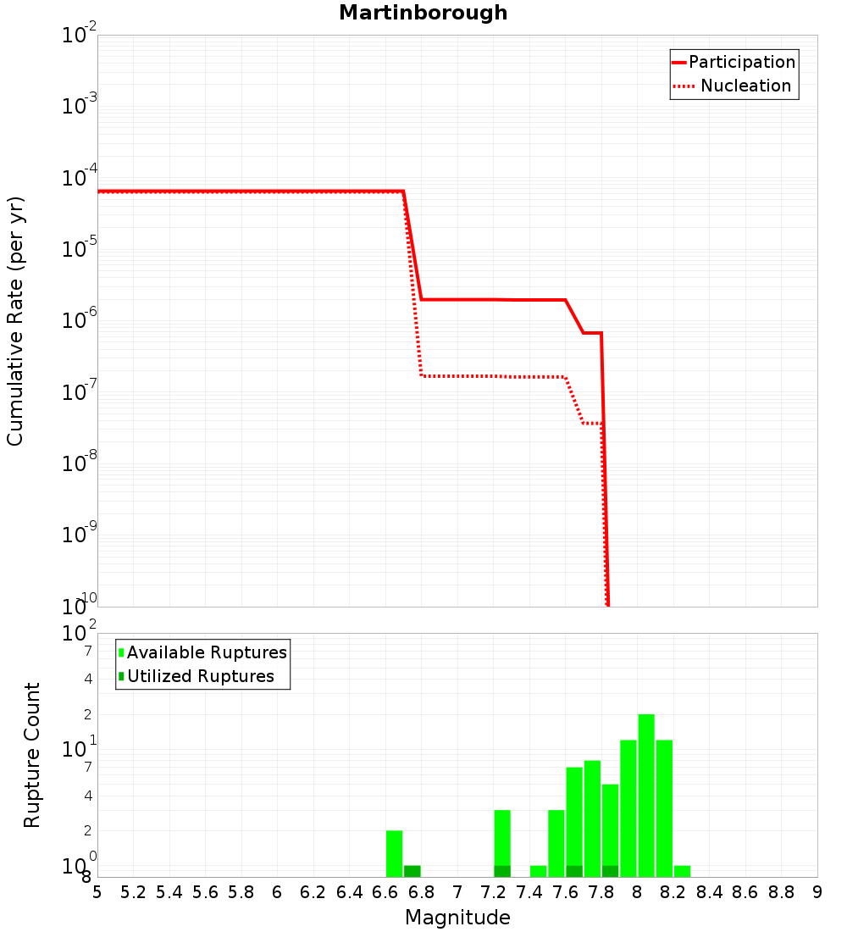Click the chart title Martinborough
click(x=423, y=14)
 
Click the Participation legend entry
click(x=742, y=62)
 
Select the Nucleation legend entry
click(x=745, y=86)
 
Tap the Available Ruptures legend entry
click(x=207, y=652)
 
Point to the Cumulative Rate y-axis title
click(x=15, y=320)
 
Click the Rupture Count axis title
click(x=32, y=755)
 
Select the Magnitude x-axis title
click(x=457, y=918)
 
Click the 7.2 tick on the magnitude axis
click(x=493, y=892)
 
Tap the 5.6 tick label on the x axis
click(x=205, y=892)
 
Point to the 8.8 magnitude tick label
click(x=781, y=892)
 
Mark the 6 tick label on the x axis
click(x=277, y=892)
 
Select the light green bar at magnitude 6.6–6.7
click(x=394, y=853)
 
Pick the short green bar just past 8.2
click(x=682, y=871)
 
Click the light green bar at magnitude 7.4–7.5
click(x=538, y=871)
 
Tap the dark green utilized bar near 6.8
click(x=412, y=871)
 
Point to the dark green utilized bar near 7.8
click(x=610, y=871)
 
